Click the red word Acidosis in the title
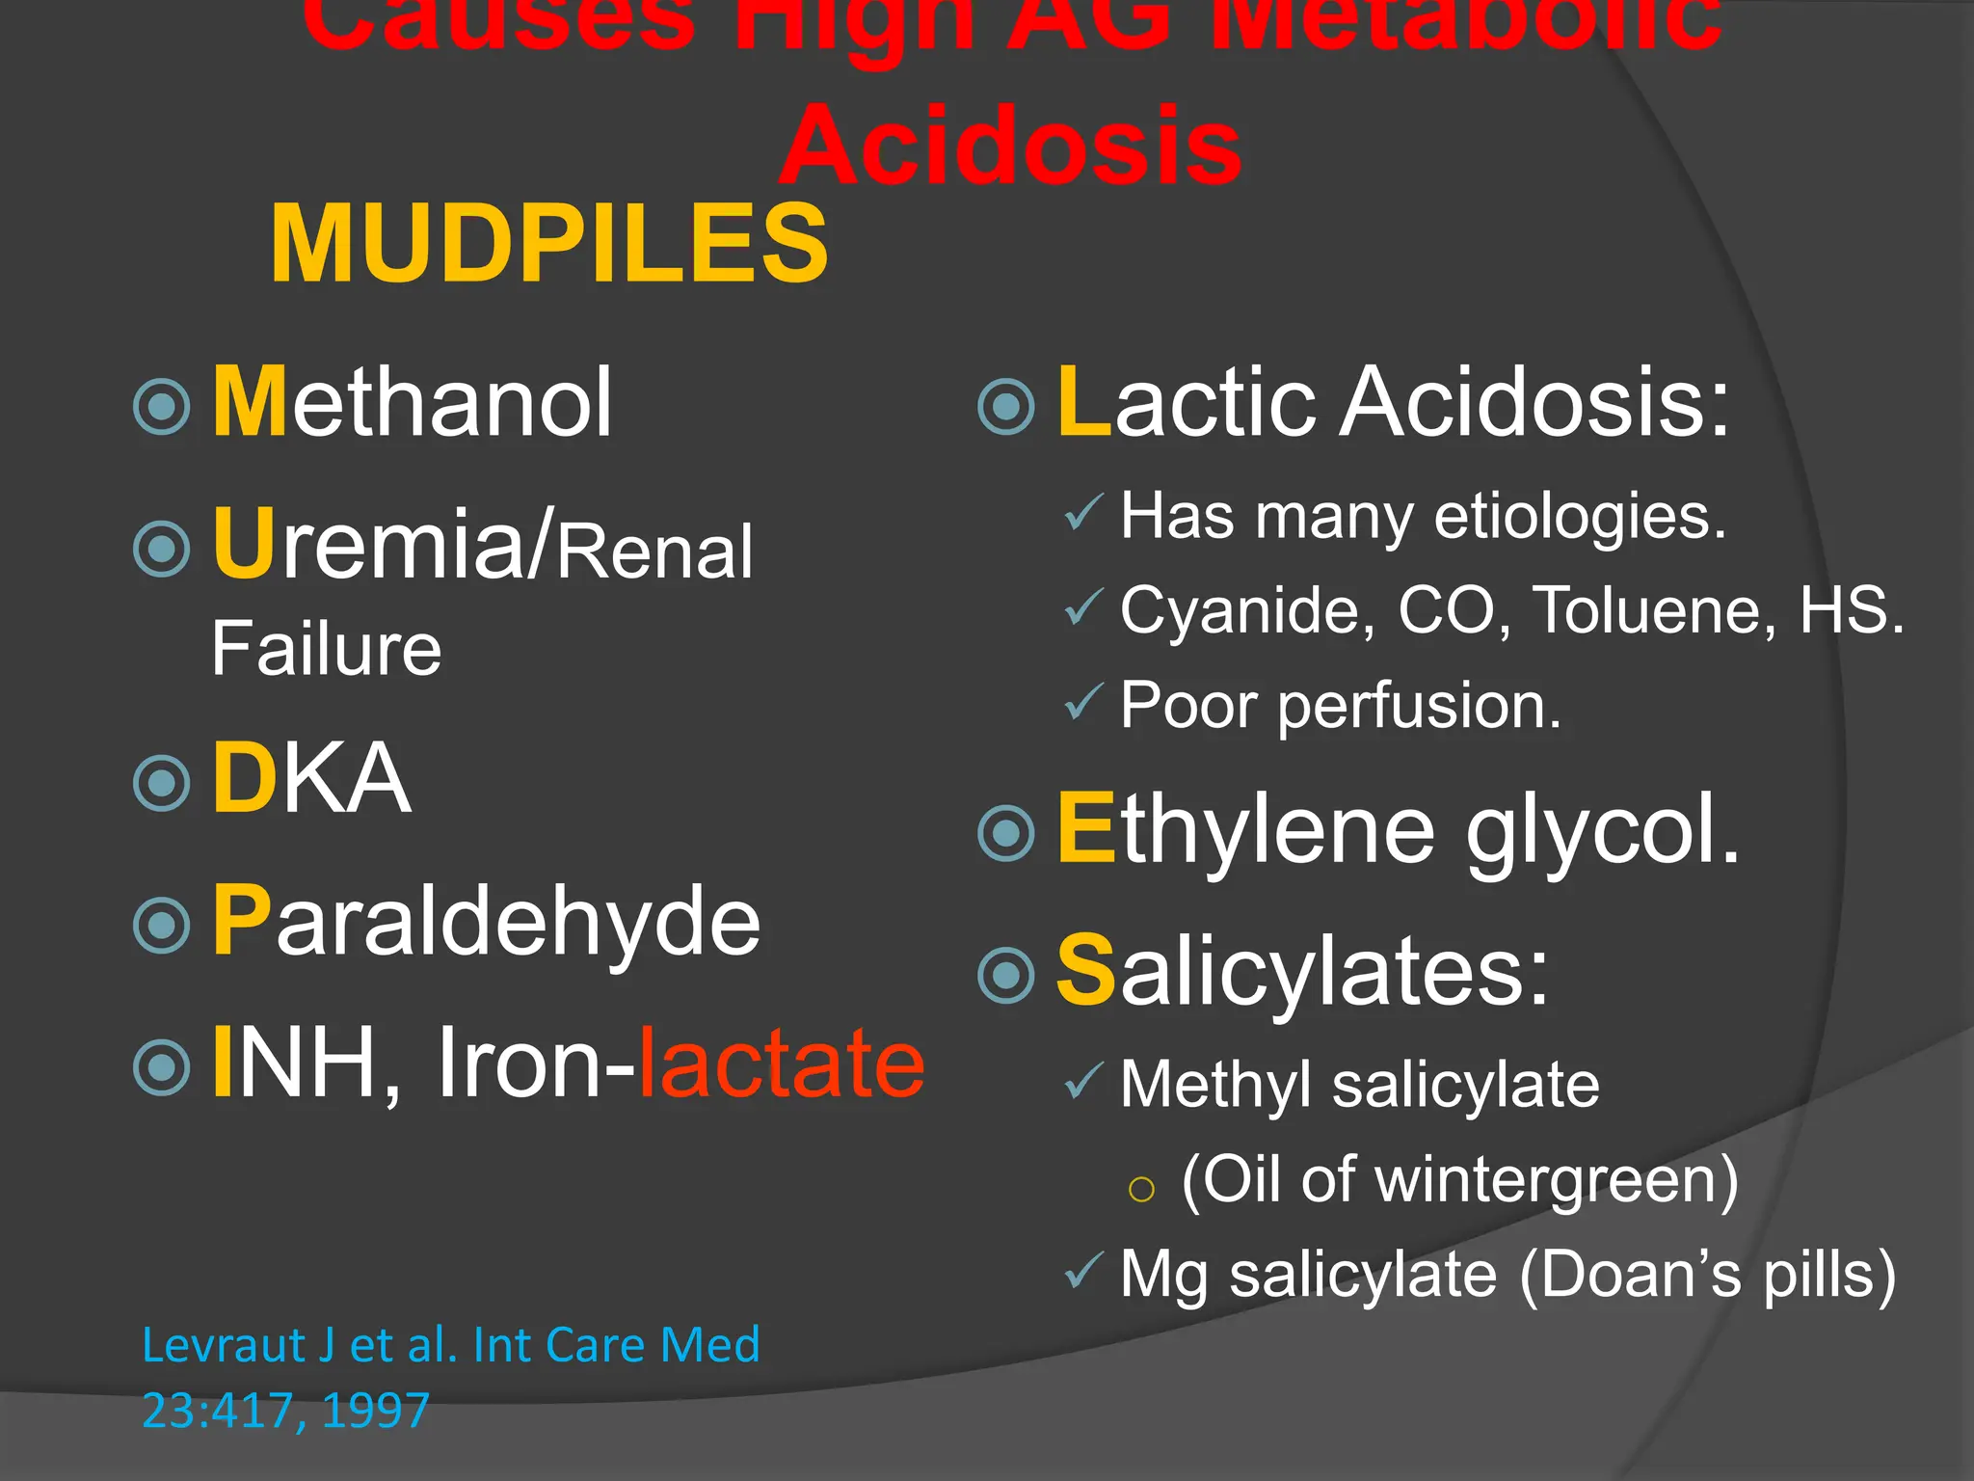point(1010,147)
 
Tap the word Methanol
point(412,402)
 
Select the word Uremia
point(369,545)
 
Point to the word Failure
point(326,649)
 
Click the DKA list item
point(311,778)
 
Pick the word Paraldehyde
point(486,923)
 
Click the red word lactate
point(781,1064)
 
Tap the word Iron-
point(536,1064)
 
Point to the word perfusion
point(1418,707)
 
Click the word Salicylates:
point(1302,972)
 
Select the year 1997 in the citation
point(375,1411)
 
